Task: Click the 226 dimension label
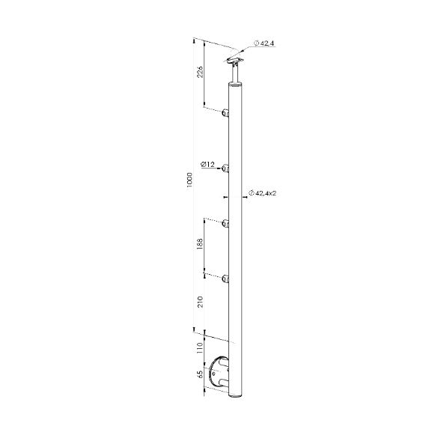(199, 73)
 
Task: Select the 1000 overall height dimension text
(189, 180)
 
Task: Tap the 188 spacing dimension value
(200, 244)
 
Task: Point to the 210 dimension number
(200, 302)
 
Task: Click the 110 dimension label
(200, 347)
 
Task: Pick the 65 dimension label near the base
(200, 374)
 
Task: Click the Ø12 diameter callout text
(208, 164)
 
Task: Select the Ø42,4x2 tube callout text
(262, 193)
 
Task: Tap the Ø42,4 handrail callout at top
(264, 43)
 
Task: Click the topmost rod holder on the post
(225, 113)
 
